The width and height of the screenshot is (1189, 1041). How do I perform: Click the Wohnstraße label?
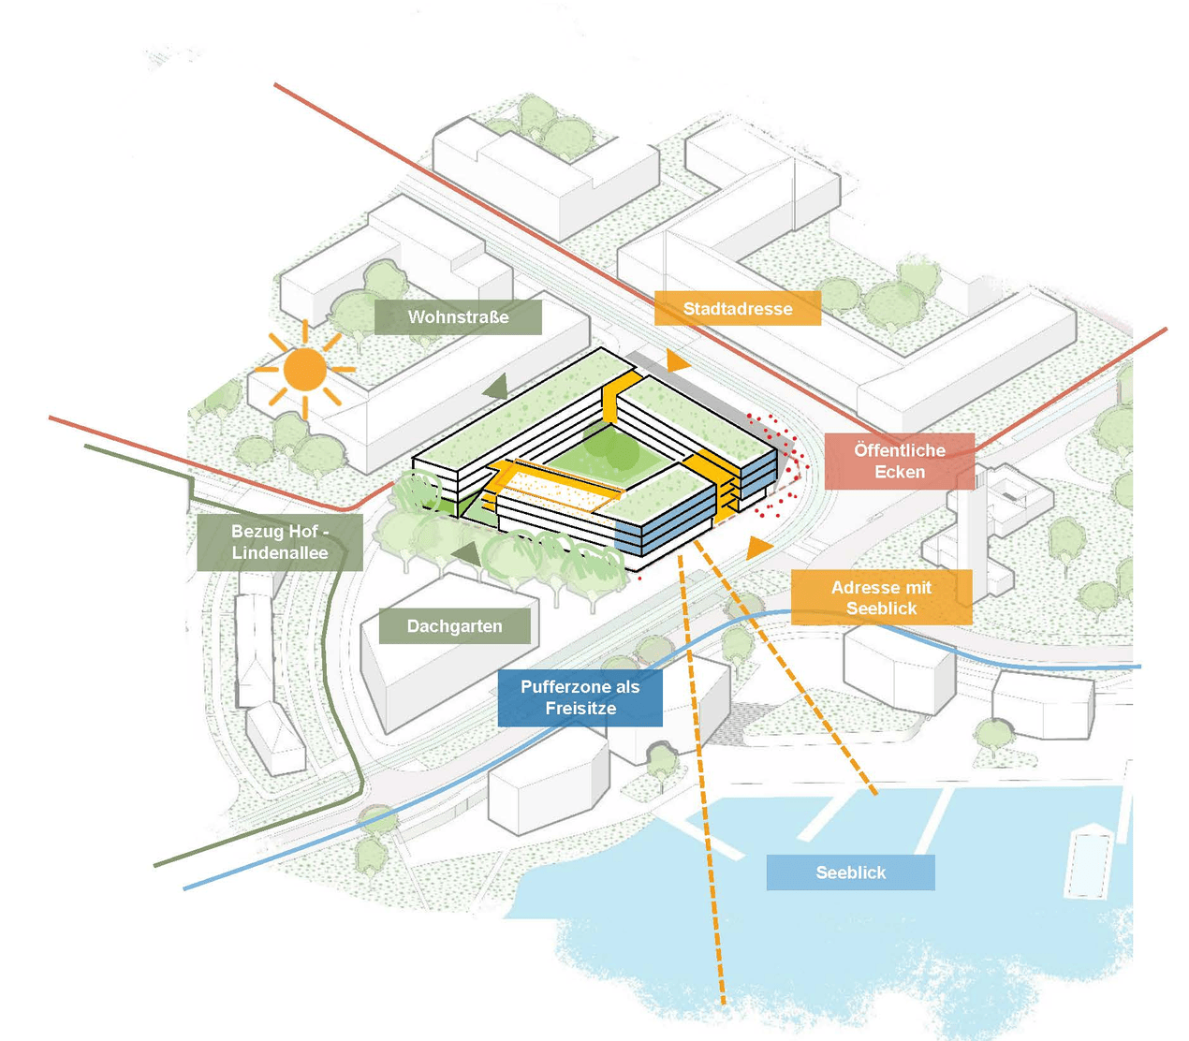[458, 316]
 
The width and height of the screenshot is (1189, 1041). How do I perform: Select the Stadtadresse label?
[738, 308]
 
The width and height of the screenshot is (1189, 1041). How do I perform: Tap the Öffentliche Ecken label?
[900, 461]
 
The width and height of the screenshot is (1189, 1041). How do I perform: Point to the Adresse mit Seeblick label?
[882, 597]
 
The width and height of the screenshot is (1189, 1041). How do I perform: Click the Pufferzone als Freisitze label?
[580, 697]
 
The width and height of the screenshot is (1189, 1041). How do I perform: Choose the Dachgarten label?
[454, 625]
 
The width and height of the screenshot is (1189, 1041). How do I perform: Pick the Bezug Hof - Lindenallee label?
[280, 542]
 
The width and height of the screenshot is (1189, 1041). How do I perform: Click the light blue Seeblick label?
[851, 872]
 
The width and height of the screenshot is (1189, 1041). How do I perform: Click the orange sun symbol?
[304, 370]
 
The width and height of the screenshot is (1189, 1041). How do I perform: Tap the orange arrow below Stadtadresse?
[676, 361]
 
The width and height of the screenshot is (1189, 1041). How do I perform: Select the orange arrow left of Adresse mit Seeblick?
[757, 548]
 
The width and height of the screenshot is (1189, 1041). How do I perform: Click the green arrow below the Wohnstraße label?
[497, 387]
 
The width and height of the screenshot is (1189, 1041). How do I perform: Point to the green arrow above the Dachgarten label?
[467, 555]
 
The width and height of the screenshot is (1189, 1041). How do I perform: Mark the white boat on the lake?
[1089, 861]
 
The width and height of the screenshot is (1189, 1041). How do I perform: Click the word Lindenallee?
[280, 552]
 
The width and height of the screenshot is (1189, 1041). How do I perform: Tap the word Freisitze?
[580, 708]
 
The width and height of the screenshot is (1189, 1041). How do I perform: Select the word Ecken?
[900, 472]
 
